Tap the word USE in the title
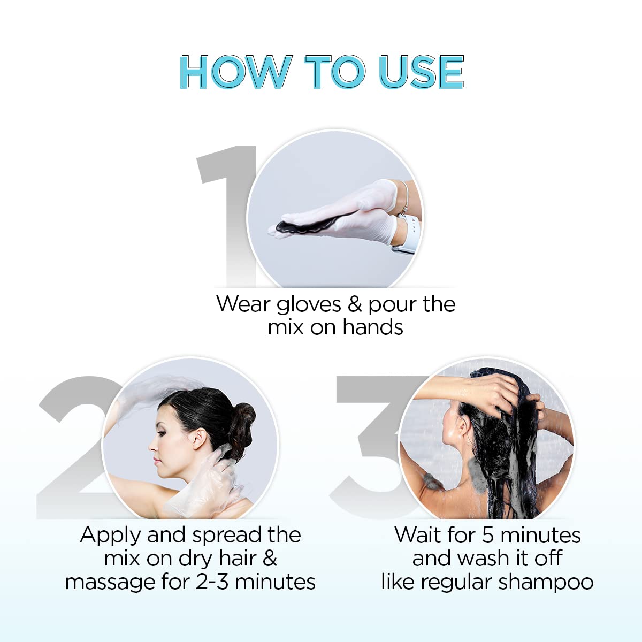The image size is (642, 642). coord(421,72)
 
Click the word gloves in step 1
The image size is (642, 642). coord(309,304)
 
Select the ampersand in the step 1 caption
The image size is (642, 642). coord(355,304)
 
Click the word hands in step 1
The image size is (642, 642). coord(372,327)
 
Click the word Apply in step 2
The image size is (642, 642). coord(110,536)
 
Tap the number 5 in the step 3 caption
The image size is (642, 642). coord(487,536)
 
